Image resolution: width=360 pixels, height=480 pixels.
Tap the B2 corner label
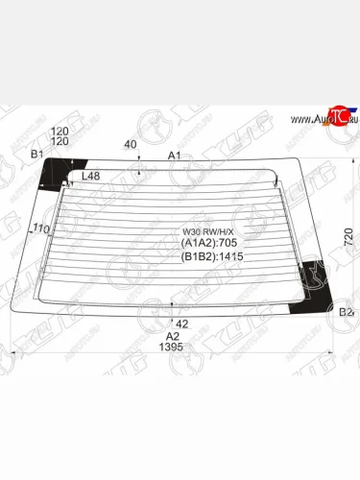346,312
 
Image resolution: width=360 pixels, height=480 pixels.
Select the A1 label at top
175,155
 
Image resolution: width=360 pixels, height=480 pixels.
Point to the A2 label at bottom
173,336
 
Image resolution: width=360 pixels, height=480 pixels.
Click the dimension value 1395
173,348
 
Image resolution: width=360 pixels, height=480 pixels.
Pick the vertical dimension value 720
348,235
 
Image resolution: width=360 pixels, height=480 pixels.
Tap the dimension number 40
131,145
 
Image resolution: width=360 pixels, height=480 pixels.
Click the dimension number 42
182,324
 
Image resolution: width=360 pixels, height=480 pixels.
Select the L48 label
91,176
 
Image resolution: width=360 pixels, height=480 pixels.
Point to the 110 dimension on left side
40,228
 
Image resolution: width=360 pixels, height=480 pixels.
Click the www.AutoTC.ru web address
324,120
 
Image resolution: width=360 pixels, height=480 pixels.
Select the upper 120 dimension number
60,131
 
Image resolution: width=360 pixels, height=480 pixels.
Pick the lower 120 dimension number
60,141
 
